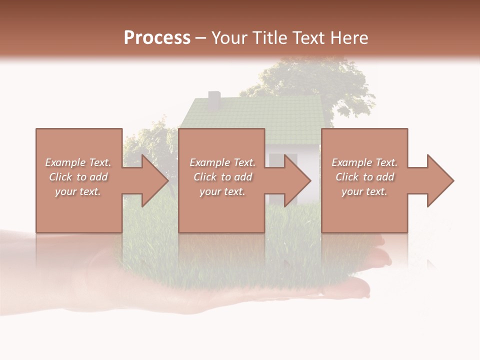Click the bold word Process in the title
click(x=157, y=38)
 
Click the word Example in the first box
click(x=65, y=162)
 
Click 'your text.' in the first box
click(x=78, y=191)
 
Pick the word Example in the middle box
click(x=209, y=162)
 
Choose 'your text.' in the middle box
click(x=222, y=191)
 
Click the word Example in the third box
click(x=351, y=162)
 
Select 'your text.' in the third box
click(x=364, y=191)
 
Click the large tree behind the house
click(x=320, y=80)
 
